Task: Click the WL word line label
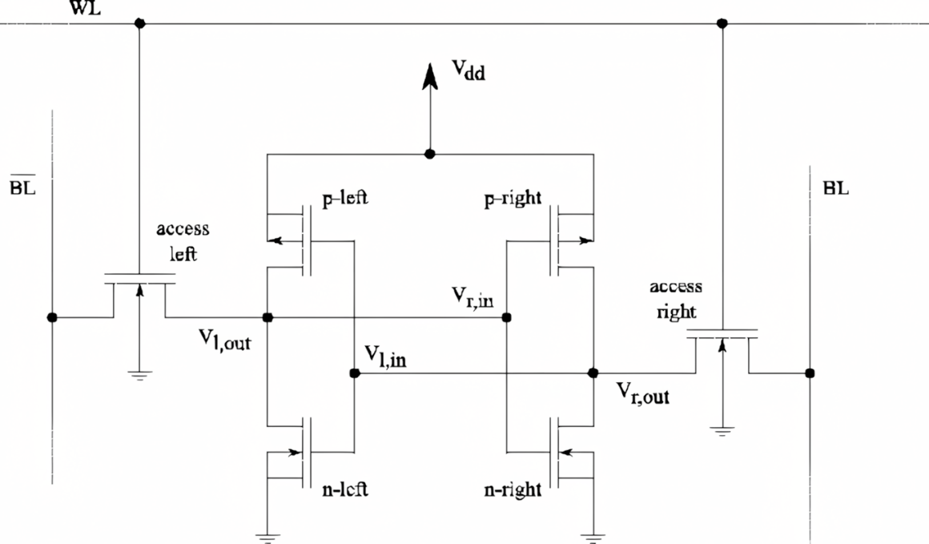(86, 7)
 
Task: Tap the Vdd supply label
(469, 70)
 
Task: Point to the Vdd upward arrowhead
(430, 77)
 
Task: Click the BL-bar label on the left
(22, 186)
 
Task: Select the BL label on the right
(836, 187)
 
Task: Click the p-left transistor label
(345, 197)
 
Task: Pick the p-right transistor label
(513, 198)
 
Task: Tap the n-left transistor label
(345, 489)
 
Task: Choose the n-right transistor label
(513, 490)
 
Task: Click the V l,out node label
(224, 340)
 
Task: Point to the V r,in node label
(473, 297)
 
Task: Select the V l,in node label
(385, 357)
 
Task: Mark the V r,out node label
(643, 393)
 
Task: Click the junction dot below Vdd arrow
(430, 154)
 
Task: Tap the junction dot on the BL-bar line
(52, 317)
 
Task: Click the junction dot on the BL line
(810, 373)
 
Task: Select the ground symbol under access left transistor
(139, 374)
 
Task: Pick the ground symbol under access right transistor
(722, 430)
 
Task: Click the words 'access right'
(676, 300)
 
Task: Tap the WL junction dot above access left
(139, 24)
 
